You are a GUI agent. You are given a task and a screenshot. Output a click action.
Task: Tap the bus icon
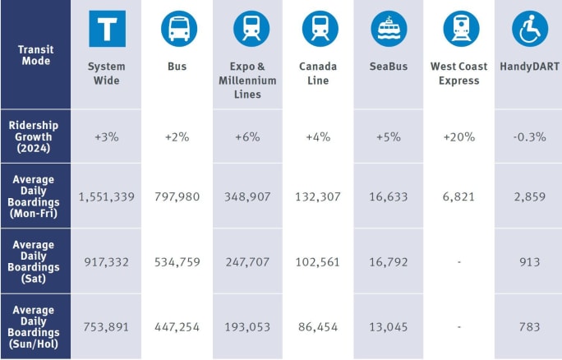pos(178,29)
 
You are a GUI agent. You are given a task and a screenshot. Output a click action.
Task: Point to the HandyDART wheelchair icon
pos(530,29)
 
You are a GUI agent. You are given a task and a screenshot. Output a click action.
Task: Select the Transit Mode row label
pos(35,55)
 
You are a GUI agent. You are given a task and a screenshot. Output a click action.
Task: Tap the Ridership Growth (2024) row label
pos(35,136)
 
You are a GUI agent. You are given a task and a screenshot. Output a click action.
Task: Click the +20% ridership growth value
pos(458,136)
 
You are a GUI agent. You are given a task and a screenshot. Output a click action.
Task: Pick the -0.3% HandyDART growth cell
pos(529,136)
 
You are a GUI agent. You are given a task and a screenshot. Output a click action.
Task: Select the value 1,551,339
pos(107,197)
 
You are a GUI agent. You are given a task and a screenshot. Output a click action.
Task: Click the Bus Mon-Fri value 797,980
pos(178,197)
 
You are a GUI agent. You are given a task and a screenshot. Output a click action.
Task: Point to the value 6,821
pos(458,197)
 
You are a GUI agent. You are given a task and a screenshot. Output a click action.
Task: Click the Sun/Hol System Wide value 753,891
pos(107,326)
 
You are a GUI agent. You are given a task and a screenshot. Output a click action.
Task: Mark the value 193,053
pos(248,326)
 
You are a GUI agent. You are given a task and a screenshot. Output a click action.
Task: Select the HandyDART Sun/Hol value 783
pos(529,326)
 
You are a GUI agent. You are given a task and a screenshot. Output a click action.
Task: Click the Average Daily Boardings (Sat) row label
pos(35,262)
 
